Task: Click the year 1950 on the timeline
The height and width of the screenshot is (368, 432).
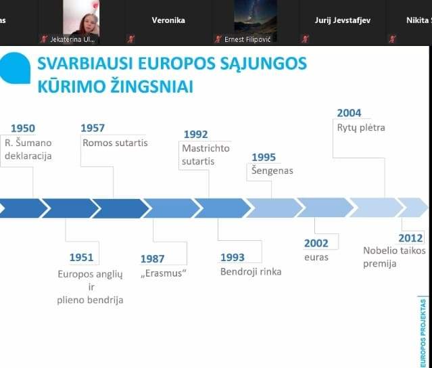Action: click(x=23, y=129)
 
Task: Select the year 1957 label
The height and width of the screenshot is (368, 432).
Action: click(x=93, y=128)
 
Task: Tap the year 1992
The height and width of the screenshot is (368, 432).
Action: click(x=195, y=134)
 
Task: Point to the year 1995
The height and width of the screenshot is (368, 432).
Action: click(x=264, y=157)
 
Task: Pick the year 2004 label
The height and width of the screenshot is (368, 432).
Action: click(x=349, y=113)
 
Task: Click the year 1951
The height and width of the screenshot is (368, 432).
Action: click(x=81, y=257)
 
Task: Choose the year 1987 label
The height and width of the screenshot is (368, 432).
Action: click(x=152, y=258)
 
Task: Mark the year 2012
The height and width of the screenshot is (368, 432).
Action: click(x=410, y=238)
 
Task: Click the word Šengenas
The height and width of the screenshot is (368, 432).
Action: click(x=272, y=170)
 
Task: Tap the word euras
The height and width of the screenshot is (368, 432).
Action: click(x=316, y=257)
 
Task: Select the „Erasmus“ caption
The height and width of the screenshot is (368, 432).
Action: click(x=164, y=273)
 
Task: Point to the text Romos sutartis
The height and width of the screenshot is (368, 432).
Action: click(x=115, y=143)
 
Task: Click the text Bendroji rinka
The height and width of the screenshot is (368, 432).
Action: click(x=251, y=272)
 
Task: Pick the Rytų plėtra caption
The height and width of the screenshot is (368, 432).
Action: click(x=361, y=128)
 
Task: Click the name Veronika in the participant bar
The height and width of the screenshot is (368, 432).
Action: click(x=168, y=20)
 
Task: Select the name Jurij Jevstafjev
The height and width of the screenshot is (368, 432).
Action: click(x=343, y=20)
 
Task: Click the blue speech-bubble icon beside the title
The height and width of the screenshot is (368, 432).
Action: click(x=15, y=68)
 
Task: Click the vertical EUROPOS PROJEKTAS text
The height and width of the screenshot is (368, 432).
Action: click(x=423, y=333)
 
